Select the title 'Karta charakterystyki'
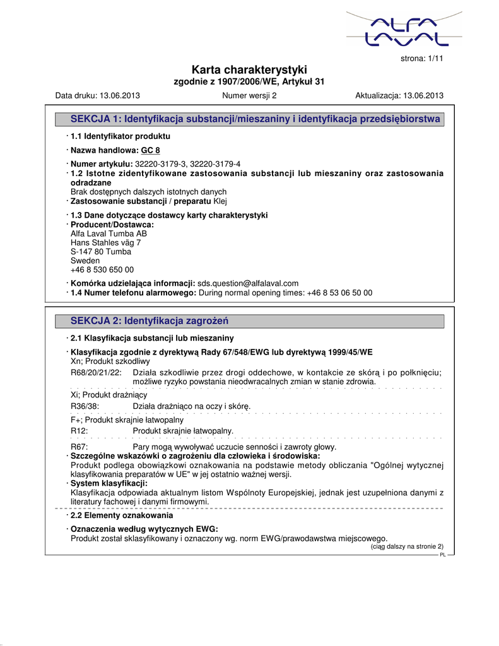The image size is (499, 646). (249, 70)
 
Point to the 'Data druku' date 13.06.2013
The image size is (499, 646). (120, 96)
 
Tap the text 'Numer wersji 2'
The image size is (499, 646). (250, 96)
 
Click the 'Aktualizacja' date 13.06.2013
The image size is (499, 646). (423, 96)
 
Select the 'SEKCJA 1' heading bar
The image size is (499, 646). (249, 119)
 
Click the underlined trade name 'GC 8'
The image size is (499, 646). (151, 151)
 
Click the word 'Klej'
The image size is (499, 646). (220, 201)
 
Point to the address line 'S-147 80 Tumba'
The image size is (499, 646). (101, 252)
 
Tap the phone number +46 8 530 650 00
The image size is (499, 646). (102, 269)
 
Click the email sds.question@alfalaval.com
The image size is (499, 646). (248, 283)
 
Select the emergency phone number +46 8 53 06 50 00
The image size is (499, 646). (339, 293)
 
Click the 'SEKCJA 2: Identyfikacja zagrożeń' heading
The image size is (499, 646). (150, 321)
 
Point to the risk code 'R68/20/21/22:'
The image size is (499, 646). (95, 373)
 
